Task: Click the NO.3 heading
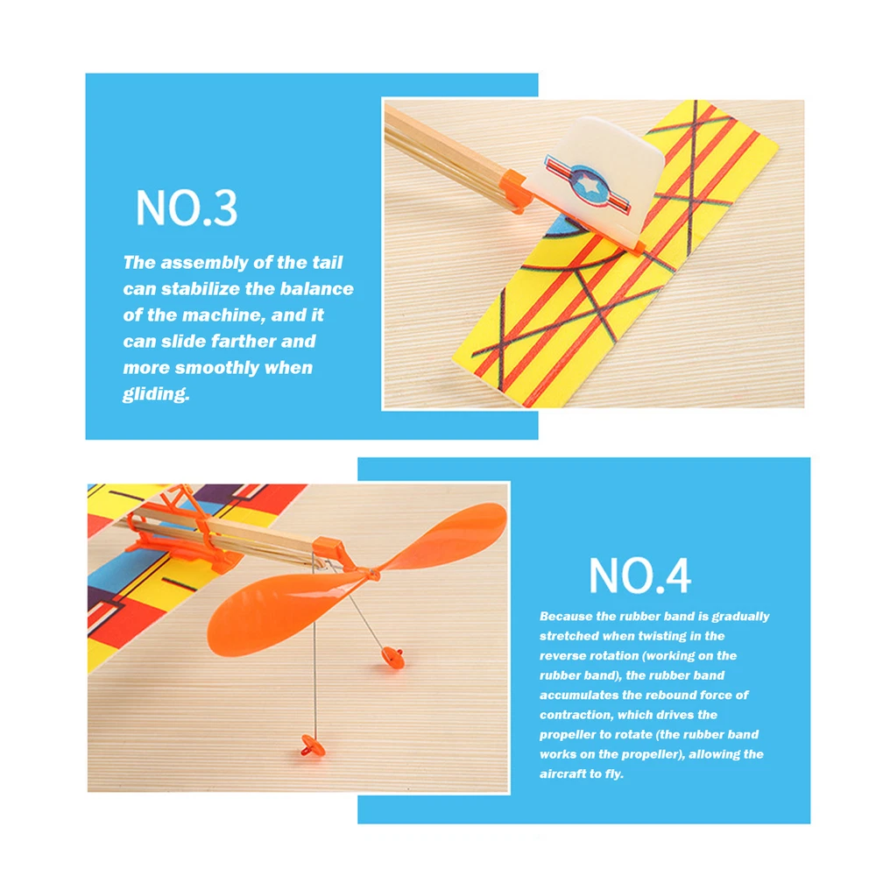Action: (x=187, y=208)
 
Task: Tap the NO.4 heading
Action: (x=640, y=575)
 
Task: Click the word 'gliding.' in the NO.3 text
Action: (x=157, y=394)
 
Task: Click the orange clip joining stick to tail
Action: (x=517, y=191)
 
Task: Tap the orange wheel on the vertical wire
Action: (x=313, y=746)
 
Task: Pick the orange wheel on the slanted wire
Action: (x=392, y=657)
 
